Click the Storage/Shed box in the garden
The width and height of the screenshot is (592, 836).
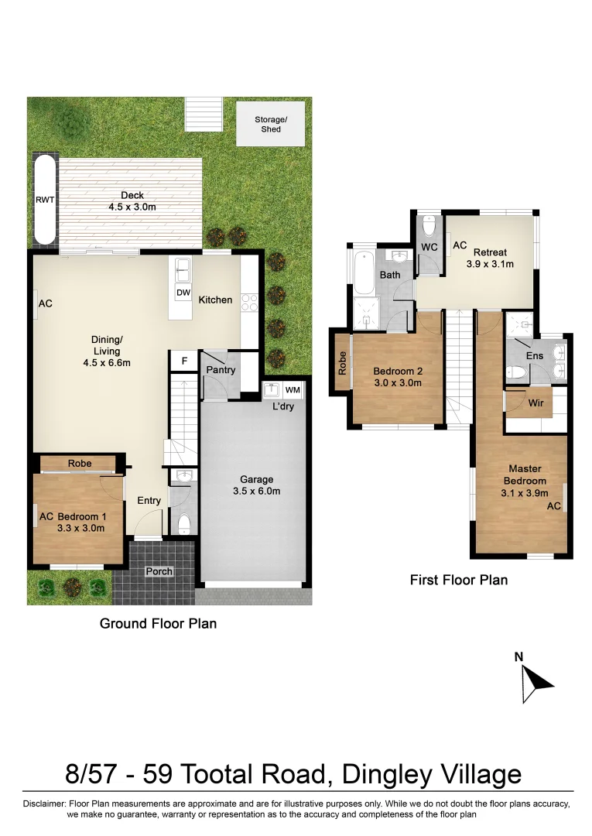pos(270,124)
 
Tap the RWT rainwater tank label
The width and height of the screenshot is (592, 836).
pos(45,200)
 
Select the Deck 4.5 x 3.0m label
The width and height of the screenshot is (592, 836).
pos(132,201)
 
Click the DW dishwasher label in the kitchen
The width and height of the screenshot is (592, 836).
pos(183,293)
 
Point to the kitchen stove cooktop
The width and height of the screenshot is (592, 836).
pos(249,301)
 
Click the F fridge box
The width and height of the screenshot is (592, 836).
pos(184,361)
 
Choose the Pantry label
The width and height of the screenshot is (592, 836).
pos(221,371)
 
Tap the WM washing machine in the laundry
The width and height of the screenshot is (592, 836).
pos(292,390)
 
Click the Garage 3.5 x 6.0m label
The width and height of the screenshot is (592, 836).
pos(255,485)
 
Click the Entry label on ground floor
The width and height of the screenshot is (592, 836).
pos(149,501)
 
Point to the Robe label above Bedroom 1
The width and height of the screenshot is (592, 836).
pos(80,464)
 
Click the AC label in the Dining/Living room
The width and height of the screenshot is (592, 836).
pos(46,304)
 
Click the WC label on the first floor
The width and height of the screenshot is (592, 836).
pos(429,248)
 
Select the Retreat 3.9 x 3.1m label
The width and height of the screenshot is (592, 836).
pos(490,258)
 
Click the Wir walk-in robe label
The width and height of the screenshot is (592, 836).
pos(536,403)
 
